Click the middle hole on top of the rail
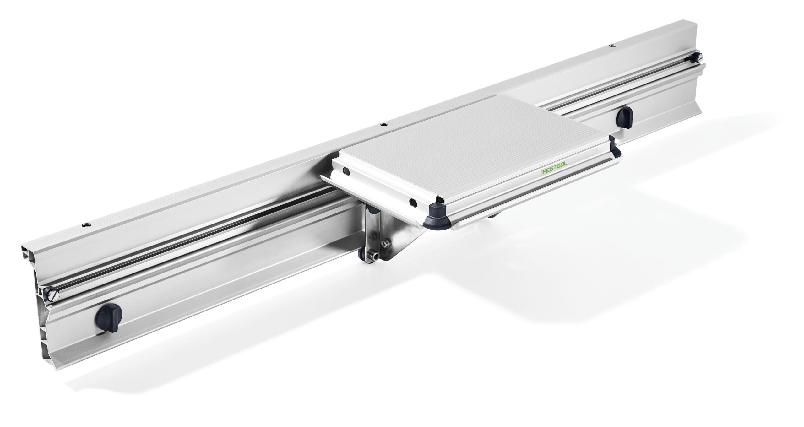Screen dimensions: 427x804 pyautogui.click(x=382, y=124)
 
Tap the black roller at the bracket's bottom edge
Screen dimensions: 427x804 pyautogui.click(x=363, y=258)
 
